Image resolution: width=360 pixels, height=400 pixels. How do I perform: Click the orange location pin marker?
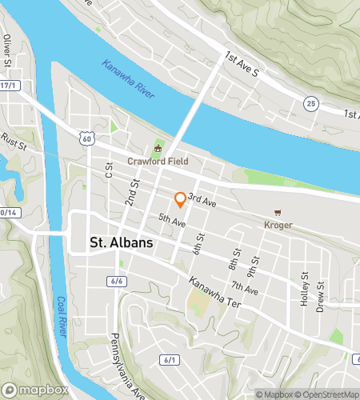click(x=180, y=200)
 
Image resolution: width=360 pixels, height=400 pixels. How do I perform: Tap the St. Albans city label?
click(x=122, y=242)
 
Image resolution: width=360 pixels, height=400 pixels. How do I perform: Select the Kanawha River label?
click(x=127, y=78)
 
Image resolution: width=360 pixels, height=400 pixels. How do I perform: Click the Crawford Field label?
click(x=158, y=161)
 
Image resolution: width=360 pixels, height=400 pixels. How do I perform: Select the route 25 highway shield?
click(x=311, y=102)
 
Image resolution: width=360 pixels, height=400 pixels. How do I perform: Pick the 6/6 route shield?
click(x=117, y=281)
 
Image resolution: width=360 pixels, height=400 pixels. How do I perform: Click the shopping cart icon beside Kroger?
click(x=277, y=213)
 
